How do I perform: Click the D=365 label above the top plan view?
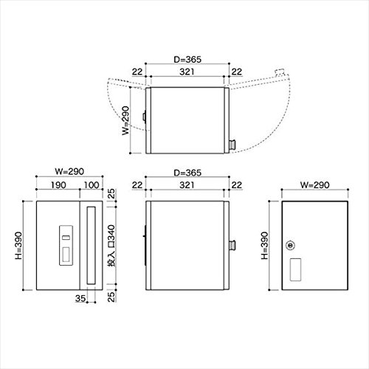(187, 60)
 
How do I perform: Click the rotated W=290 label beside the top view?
(125, 120)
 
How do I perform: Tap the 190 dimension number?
(58, 185)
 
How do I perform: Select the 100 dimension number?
(92, 185)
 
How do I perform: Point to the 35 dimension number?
(80, 298)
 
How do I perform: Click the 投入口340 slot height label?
(111, 246)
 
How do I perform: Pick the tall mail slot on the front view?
(92, 246)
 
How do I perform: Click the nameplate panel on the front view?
(66, 246)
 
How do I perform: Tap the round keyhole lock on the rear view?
(291, 245)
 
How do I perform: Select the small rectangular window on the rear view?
(295, 269)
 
